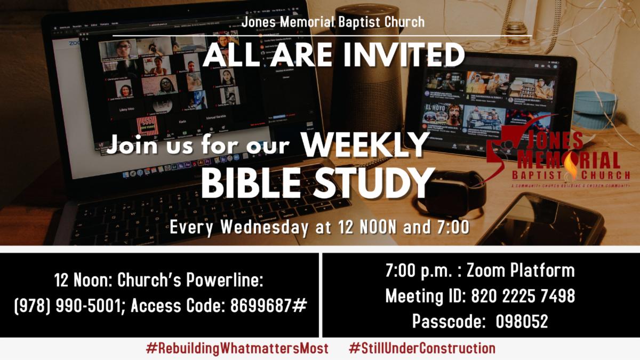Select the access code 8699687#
[269, 306]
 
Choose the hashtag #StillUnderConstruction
[422, 349]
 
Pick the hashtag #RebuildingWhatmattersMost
[237, 349]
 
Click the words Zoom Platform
[521, 270]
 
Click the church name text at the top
[333, 22]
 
